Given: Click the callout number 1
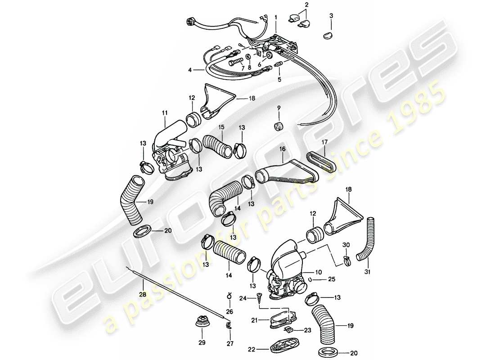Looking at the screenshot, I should click(276, 17).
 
